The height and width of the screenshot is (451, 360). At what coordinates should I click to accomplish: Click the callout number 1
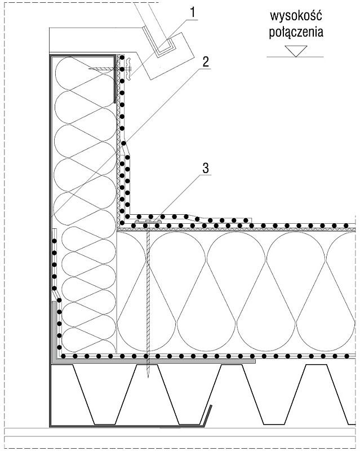(x=193, y=13)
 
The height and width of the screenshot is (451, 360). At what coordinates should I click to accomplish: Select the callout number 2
(x=205, y=62)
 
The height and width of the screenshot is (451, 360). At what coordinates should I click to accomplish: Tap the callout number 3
(x=206, y=168)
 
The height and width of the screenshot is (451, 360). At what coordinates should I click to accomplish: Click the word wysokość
(x=296, y=16)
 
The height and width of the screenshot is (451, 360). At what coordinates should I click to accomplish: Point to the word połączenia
(x=296, y=32)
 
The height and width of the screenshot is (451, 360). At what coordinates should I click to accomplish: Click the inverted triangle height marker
(x=296, y=51)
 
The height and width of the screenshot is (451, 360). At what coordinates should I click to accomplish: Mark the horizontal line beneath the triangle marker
(x=295, y=57)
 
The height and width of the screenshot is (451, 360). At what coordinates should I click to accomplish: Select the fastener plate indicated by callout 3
(x=148, y=222)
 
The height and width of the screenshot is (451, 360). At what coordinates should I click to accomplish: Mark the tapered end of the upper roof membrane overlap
(x=250, y=220)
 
